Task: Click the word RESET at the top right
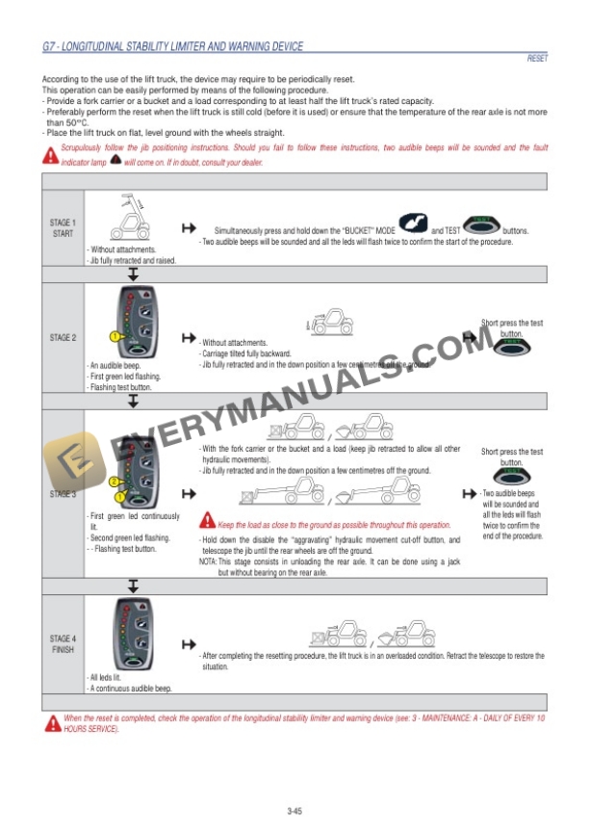(x=537, y=59)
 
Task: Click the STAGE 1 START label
(x=63, y=228)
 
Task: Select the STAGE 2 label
(x=63, y=337)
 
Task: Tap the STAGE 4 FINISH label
(x=63, y=643)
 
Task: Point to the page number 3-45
(x=294, y=811)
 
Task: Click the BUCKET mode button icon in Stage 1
(x=412, y=228)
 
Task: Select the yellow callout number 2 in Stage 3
(x=114, y=481)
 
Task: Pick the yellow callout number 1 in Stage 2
(x=114, y=337)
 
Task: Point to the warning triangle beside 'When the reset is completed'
(x=52, y=722)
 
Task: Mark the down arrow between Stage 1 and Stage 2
(x=133, y=274)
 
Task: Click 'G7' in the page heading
(x=50, y=46)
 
